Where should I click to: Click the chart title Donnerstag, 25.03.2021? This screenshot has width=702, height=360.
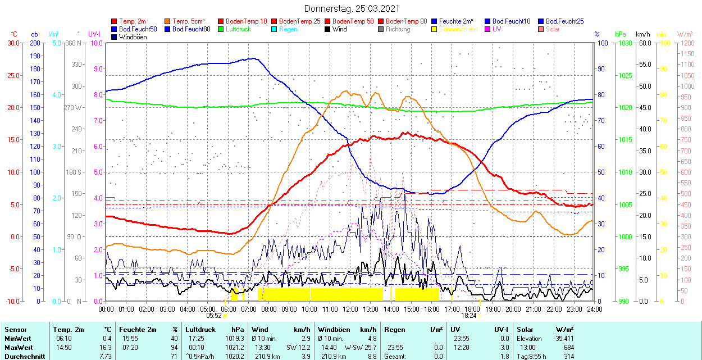(x=352, y=8)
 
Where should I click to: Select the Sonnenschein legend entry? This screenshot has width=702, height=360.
(x=458, y=29)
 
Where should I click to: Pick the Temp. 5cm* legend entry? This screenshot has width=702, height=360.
(x=189, y=21)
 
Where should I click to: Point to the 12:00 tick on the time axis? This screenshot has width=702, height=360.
(x=350, y=309)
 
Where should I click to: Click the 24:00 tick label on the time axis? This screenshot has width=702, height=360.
(x=594, y=309)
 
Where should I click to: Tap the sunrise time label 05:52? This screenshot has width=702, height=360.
(x=214, y=316)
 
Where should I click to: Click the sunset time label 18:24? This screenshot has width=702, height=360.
(x=468, y=316)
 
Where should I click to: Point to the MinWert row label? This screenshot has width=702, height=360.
(x=18, y=339)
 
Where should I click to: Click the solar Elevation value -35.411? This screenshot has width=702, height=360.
(x=562, y=339)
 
